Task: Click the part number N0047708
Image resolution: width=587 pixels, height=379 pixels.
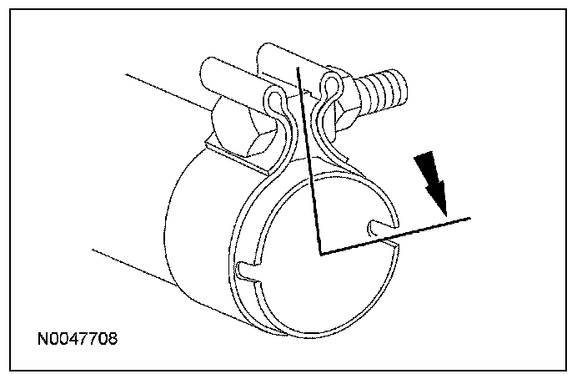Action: [78, 340]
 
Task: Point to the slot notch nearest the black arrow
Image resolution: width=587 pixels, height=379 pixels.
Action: [379, 226]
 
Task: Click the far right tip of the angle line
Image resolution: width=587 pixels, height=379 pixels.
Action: [470, 218]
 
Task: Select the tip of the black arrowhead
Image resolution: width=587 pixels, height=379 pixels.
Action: [444, 212]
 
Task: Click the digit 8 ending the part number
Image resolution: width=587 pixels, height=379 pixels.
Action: [113, 340]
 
